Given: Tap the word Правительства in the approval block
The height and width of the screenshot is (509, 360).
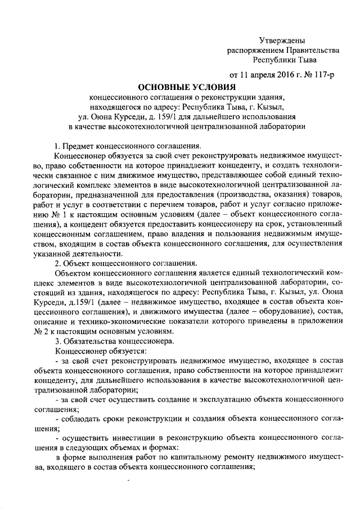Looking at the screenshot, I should click(x=308, y=49).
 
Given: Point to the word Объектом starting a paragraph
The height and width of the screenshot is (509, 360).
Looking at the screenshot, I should click(x=74, y=272).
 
